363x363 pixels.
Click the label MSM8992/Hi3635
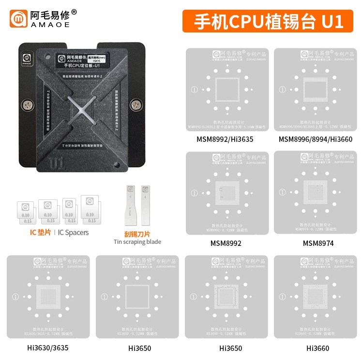pos(225,139)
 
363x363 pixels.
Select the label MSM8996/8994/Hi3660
pos(315,139)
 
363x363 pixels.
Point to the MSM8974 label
pos(318,243)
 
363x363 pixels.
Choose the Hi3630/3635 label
pos(47,348)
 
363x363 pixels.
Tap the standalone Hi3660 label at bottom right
pos(318,348)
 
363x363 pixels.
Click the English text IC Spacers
pos(73,232)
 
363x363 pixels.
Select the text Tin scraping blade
pos(137,242)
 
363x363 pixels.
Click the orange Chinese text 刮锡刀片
pos(137,233)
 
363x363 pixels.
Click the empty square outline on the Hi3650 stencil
pos(136,297)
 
